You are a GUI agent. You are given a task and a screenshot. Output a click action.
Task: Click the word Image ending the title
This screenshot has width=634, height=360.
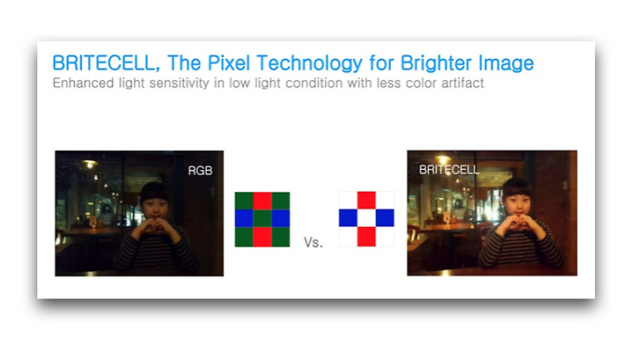click(x=505, y=64)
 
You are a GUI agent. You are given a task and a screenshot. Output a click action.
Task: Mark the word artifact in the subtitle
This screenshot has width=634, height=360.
click(x=462, y=83)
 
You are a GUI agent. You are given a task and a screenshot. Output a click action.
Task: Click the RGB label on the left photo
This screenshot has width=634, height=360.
click(x=200, y=171)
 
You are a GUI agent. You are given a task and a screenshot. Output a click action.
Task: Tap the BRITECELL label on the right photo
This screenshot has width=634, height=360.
click(x=449, y=170)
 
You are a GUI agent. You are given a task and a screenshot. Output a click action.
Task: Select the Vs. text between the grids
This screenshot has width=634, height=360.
click(x=313, y=242)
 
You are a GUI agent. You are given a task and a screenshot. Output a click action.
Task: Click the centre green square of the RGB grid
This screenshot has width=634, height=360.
click(x=262, y=218)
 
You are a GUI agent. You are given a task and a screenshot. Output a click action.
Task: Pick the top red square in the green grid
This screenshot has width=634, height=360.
click(x=262, y=201)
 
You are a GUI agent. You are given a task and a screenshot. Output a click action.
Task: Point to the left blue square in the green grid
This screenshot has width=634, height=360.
click(x=244, y=218)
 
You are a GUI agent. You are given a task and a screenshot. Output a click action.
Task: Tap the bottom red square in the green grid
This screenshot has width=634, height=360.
click(x=262, y=237)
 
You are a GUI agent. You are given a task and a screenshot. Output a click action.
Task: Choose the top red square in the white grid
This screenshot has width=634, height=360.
click(x=366, y=200)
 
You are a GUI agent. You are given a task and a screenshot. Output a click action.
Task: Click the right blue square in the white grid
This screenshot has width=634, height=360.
click(x=385, y=217)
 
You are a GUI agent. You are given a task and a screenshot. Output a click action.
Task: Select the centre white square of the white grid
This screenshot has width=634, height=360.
click(x=366, y=217)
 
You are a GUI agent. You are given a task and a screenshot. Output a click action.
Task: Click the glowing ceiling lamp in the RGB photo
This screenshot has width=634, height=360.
click(x=89, y=164)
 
